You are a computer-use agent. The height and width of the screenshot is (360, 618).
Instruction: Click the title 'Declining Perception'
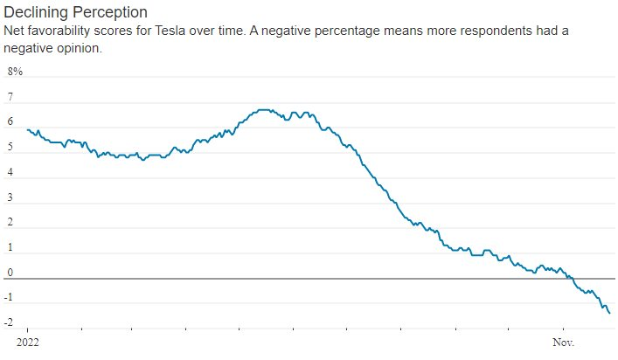(75, 13)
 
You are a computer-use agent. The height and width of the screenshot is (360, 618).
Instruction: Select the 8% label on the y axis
(16, 71)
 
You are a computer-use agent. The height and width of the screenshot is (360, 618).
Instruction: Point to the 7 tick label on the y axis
(10, 97)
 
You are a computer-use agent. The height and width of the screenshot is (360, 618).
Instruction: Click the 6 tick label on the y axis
(10, 122)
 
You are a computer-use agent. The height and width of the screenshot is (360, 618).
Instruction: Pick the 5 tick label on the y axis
(10, 148)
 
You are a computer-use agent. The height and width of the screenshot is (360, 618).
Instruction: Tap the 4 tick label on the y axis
(10, 173)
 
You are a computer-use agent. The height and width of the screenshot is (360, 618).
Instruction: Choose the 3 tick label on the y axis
(10, 198)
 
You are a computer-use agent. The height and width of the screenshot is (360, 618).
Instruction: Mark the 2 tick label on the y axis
(10, 224)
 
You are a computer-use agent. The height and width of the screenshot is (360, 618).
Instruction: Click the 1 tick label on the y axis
(10, 249)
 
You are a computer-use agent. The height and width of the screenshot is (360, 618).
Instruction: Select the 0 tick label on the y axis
(10, 273)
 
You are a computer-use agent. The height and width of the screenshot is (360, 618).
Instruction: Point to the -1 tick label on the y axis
(10, 299)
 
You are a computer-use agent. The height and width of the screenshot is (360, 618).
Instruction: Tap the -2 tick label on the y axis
(10, 324)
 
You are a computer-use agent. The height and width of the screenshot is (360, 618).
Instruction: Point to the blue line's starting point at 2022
(28, 130)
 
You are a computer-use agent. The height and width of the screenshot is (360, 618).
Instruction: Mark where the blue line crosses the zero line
(570, 279)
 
